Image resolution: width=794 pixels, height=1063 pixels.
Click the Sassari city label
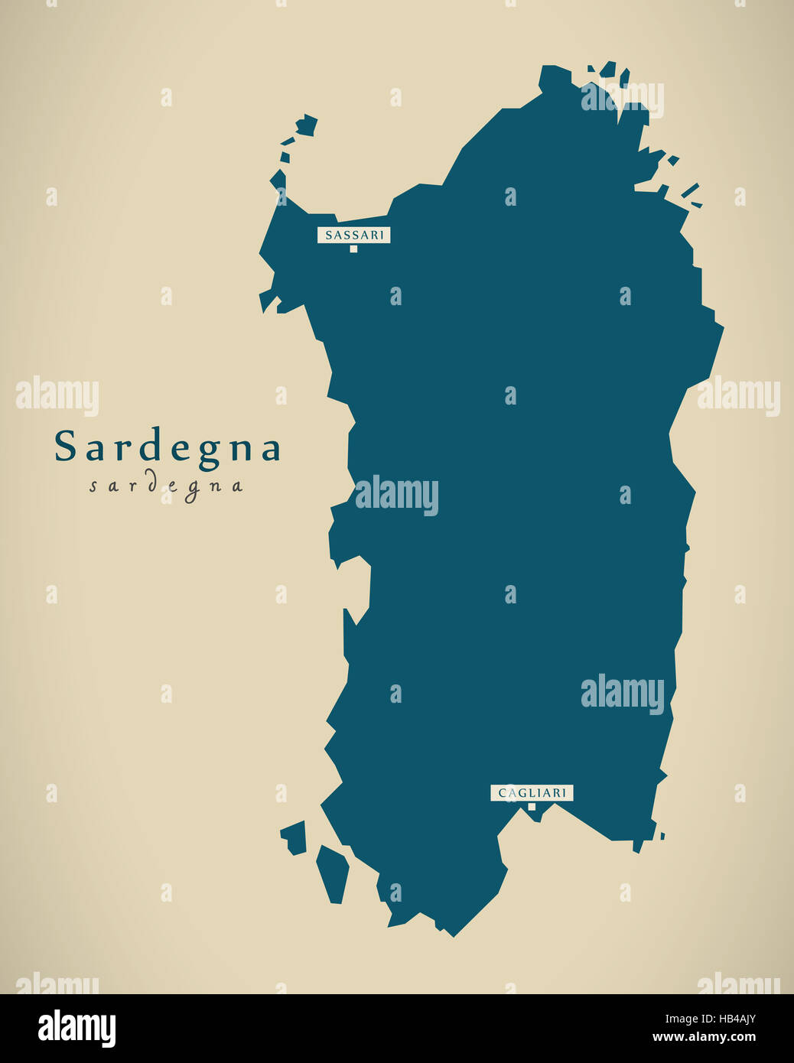pos(353,235)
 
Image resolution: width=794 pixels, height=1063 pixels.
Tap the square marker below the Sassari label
pos(353,249)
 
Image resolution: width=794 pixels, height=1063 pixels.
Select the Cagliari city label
pos(532,793)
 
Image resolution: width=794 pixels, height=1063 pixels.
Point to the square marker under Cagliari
pos(532,806)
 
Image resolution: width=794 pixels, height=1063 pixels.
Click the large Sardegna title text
pos(168,447)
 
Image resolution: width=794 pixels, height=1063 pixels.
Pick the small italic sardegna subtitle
pos(166,486)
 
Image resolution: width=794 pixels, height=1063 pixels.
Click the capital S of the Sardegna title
pos(66,447)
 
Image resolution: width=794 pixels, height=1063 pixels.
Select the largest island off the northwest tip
pos(307,125)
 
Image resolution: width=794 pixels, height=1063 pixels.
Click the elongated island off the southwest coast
pos(333,873)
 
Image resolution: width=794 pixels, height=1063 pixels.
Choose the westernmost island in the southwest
pos(294,837)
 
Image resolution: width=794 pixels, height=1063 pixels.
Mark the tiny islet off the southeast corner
pos(662,836)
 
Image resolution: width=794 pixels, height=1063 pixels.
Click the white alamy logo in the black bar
pos(76,1029)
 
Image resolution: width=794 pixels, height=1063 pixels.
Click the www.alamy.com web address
pos(704,1038)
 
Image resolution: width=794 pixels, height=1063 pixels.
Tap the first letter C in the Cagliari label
pos(503,793)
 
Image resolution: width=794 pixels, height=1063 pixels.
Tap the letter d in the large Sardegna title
pos(152,447)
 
